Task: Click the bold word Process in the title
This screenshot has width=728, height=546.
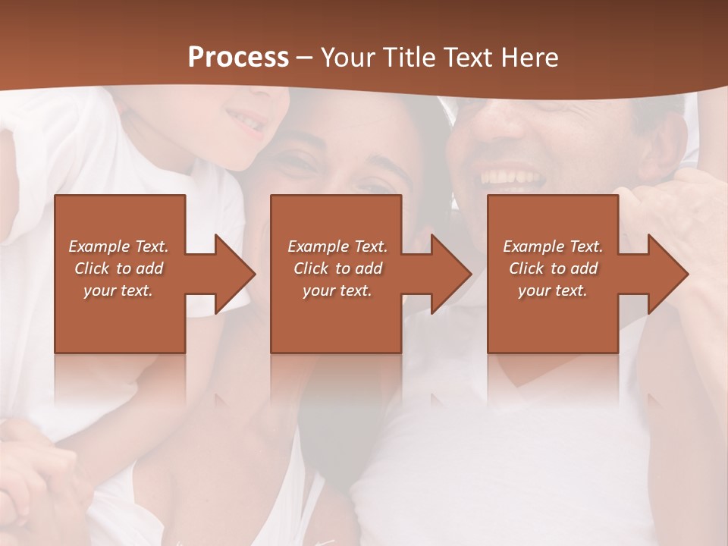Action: tap(238, 58)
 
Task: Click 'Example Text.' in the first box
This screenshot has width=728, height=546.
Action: tap(118, 246)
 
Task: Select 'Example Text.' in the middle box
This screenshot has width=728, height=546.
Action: tap(337, 246)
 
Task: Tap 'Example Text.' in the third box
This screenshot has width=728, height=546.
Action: tap(553, 246)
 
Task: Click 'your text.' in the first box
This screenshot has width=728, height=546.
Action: tap(118, 290)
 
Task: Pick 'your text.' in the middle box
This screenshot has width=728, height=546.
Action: tap(337, 290)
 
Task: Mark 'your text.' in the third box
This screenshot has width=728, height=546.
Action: tap(553, 290)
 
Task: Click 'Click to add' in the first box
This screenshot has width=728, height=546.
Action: tap(118, 268)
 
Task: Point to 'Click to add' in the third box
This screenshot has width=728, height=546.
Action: tap(553, 268)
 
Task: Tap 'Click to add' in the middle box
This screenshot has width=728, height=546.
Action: tap(337, 268)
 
